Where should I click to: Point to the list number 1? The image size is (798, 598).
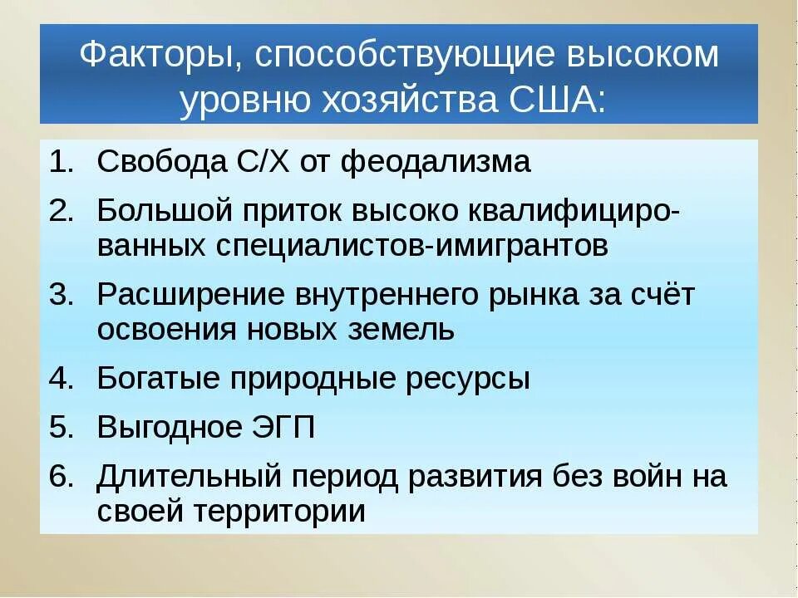coord(61,162)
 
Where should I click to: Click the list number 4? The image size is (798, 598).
coord(61,379)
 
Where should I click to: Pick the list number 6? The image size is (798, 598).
coord(61,477)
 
